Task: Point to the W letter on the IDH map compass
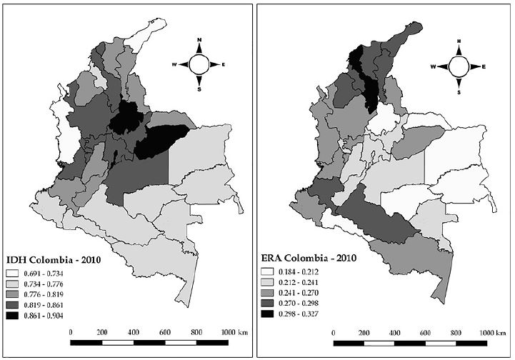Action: point(174,64)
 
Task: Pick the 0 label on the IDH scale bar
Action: point(71,332)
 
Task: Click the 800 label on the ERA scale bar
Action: point(458,333)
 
